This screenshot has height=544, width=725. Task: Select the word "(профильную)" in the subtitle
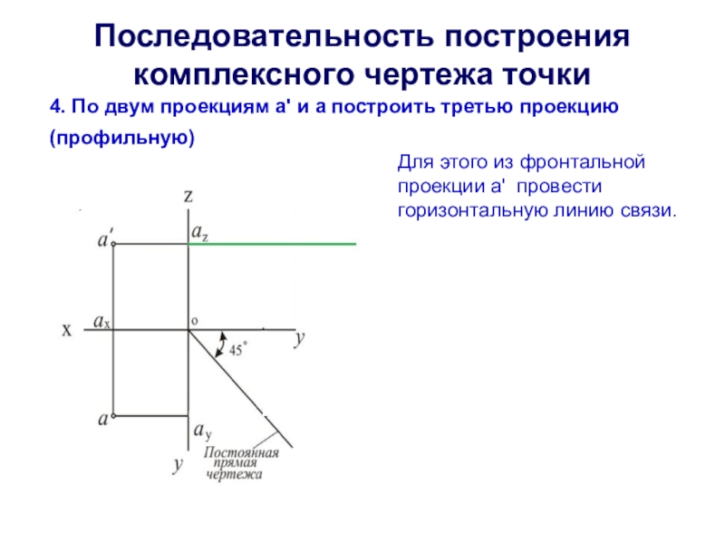(122, 138)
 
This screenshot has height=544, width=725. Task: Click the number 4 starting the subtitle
(54, 107)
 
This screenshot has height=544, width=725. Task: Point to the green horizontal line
(272, 244)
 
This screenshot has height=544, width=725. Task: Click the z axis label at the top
(188, 195)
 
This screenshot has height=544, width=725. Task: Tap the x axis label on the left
(66, 331)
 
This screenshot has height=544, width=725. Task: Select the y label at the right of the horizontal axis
(299, 338)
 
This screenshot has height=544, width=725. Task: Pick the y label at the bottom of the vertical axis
(179, 465)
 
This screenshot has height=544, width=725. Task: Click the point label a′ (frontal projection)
(105, 240)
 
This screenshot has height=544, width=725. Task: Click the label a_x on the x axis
(101, 321)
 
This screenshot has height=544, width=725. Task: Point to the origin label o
(194, 321)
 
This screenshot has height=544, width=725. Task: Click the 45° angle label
(238, 350)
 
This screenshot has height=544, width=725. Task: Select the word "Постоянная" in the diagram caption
(241, 452)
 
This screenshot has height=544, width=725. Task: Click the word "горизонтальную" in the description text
(468, 209)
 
